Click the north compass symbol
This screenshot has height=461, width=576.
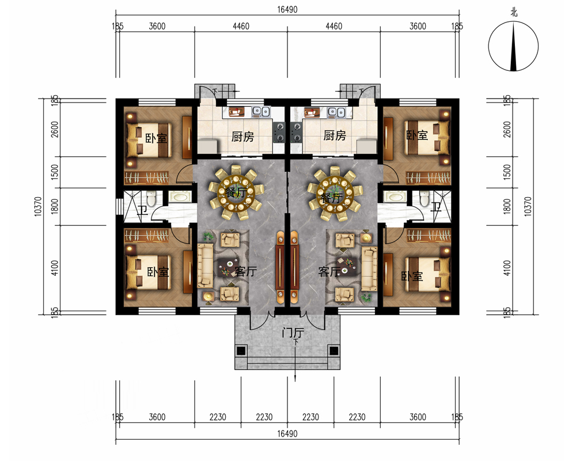pos(513,46)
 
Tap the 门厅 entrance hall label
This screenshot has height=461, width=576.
pos(293,333)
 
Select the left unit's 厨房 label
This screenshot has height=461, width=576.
pos(242,137)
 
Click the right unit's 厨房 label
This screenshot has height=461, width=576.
pos(335,135)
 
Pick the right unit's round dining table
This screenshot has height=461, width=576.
pos(335,192)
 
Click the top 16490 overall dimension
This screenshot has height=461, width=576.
pos(287,10)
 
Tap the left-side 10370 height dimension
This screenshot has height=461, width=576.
pos(38,207)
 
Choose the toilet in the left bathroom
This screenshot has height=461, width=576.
pos(151,198)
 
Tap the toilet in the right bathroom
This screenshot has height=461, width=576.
pos(425,198)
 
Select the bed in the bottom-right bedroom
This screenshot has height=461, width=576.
pos(427,274)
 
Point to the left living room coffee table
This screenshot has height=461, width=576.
pos(228,267)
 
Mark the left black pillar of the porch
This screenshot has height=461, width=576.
pos(240,351)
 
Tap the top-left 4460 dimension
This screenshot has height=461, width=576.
pos(241,26)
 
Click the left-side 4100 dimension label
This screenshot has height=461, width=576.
pos(55,268)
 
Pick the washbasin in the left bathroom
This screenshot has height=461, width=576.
pos(180,197)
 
